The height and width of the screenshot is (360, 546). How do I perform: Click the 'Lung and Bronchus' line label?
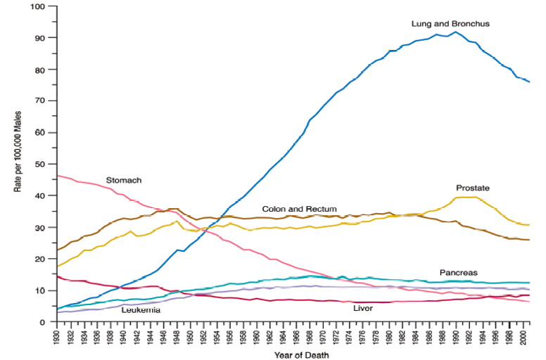(450, 24)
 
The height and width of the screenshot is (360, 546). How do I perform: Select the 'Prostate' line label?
(473, 188)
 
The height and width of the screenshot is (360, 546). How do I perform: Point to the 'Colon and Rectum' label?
(299, 210)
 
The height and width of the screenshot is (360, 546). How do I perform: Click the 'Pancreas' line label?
(459, 272)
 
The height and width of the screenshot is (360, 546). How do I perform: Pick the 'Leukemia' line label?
(140, 309)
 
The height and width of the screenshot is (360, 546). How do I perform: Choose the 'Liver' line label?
(362, 308)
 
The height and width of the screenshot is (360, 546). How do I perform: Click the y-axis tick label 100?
(39, 6)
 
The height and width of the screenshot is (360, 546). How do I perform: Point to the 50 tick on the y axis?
(41, 164)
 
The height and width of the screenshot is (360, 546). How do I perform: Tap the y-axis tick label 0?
(44, 322)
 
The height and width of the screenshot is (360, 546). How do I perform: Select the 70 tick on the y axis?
(41, 101)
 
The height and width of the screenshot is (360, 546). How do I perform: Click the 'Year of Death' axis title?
(301, 355)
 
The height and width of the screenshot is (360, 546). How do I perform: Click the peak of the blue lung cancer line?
(455, 32)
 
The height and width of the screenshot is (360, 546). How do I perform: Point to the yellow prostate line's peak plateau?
(468, 198)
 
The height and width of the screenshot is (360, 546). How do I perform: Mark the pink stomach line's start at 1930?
(58, 176)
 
